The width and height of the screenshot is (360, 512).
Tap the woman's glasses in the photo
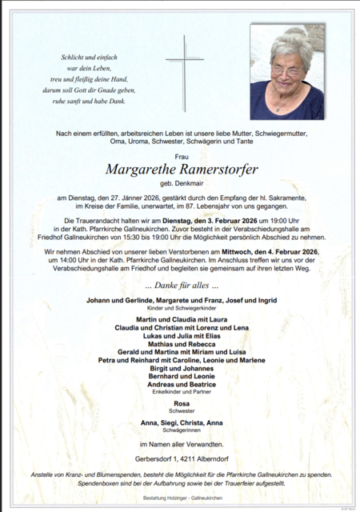pos(286,70)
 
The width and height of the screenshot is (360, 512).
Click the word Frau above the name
pos(181,157)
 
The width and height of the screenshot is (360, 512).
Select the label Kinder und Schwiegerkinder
pos(181,308)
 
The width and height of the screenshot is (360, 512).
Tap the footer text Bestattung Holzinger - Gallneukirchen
pos(181,498)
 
